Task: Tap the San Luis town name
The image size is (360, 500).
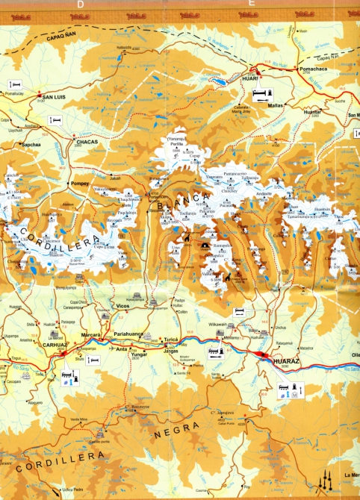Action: click(58, 97)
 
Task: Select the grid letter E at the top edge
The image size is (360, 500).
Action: click(252, 4)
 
